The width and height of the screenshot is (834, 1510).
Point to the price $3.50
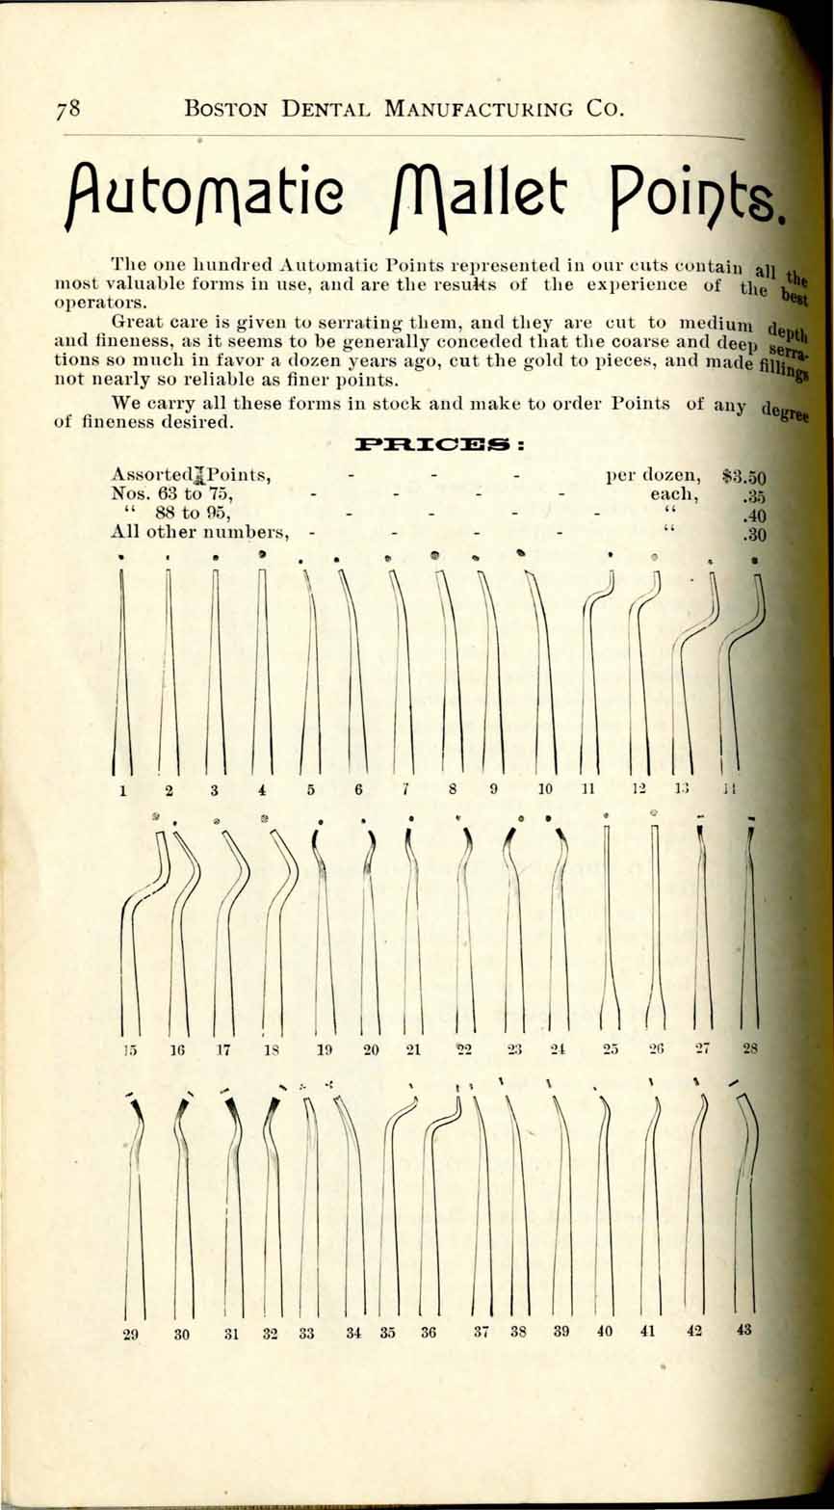[x=743, y=477]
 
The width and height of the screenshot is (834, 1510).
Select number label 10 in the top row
[x=545, y=789]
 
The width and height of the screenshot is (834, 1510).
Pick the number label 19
[x=325, y=1050]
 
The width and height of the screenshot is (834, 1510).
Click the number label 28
[x=752, y=1048]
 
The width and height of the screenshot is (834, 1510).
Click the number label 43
[x=743, y=1330]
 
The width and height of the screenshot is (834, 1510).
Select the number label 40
[x=605, y=1332]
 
